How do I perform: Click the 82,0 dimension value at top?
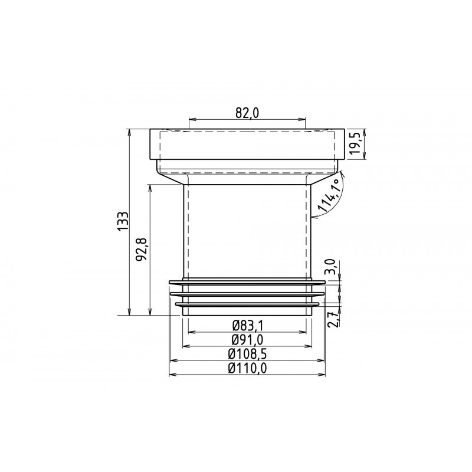247,113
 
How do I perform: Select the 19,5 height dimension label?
357,143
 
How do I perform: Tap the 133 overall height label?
123,222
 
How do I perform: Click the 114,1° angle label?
329,195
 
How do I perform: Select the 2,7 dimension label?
332,319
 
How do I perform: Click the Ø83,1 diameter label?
247,325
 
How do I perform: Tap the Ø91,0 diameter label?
247,340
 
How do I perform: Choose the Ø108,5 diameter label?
247,354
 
